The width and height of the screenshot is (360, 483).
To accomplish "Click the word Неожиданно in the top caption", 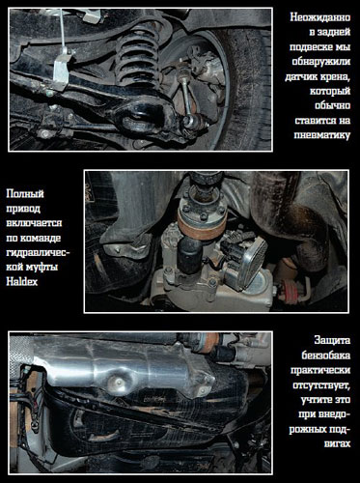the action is [320, 17].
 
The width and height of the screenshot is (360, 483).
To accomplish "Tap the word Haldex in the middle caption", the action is [22, 282].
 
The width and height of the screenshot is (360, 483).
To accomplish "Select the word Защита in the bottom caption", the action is [332, 340].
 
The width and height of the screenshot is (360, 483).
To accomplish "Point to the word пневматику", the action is [322, 134].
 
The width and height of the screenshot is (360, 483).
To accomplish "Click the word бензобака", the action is [326, 355].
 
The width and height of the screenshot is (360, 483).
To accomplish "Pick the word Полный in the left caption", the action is [25, 194].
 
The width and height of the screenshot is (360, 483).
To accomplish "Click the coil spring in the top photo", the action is [137, 60].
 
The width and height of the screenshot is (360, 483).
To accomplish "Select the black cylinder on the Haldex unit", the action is [190, 255].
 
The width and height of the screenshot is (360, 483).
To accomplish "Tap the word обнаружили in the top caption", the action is [321, 61].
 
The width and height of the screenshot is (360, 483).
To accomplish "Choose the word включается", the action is [34, 223].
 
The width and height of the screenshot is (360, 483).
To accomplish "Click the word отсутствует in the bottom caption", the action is [321, 385].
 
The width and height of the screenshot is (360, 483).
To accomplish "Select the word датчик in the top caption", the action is [301, 77].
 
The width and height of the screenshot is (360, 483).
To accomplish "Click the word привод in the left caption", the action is [23, 209].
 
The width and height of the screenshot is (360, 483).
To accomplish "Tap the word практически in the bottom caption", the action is [320, 370].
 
